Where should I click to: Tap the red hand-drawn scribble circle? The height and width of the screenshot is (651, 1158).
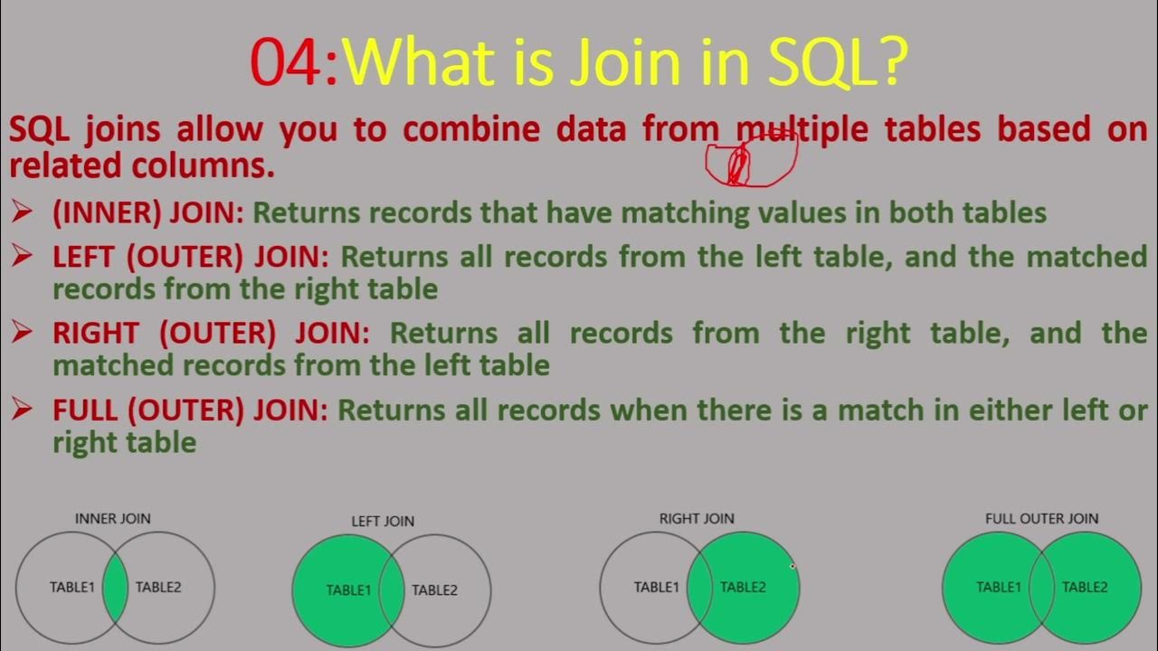click(x=751, y=159)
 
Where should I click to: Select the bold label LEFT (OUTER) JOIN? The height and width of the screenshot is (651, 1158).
click(x=191, y=257)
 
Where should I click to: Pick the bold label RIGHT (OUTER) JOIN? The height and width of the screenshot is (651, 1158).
click(x=211, y=333)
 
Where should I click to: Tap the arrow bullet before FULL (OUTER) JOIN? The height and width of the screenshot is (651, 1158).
click(x=22, y=410)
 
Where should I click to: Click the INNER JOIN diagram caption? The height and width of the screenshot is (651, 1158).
click(x=112, y=518)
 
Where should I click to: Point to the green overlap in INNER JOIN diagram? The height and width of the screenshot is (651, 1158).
click(x=116, y=588)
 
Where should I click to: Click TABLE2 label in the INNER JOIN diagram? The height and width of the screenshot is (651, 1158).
click(x=158, y=587)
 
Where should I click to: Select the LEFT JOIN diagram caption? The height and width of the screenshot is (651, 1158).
click(x=383, y=521)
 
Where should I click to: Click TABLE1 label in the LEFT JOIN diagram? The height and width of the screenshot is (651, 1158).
click(x=348, y=590)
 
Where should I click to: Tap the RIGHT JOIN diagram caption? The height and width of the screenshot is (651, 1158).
click(x=697, y=518)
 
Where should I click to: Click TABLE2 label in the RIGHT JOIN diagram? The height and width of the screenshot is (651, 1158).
click(x=743, y=587)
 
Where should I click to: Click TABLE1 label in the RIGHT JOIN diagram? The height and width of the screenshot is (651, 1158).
click(x=656, y=587)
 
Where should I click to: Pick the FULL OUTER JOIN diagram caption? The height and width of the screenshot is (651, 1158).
click(x=1041, y=518)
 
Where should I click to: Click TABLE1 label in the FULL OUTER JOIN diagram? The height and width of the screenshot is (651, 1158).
click(x=998, y=587)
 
